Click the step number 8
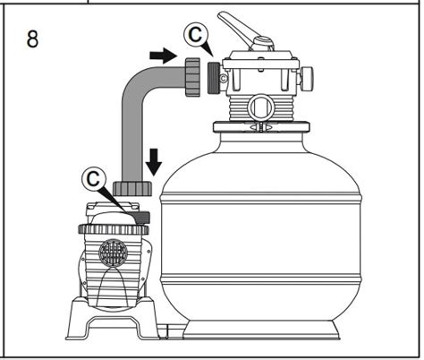pyautogui.click(x=32, y=39)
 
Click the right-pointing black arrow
pyautogui.click(x=163, y=56)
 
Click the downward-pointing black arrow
pyautogui.click(x=154, y=162)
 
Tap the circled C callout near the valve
pyautogui.click(x=196, y=35)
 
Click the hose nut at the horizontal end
pyautogui.click(x=192, y=77)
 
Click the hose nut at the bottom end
pyautogui.click(x=132, y=188)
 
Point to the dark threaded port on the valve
pyautogui.click(x=214, y=78)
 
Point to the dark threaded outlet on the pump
pyautogui.click(x=142, y=218)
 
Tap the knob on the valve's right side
pyautogui.click(x=307, y=79)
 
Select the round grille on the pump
pyautogui.click(x=114, y=253)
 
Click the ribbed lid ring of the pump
pyautogui.click(x=114, y=229)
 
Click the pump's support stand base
pyautogui.click(x=113, y=321)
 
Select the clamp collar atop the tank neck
pyautogui.click(x=261, y=126)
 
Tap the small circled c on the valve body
pyautogui.click(x=223, y=79)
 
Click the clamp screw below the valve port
pyautogui.click(x=261, y=126)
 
